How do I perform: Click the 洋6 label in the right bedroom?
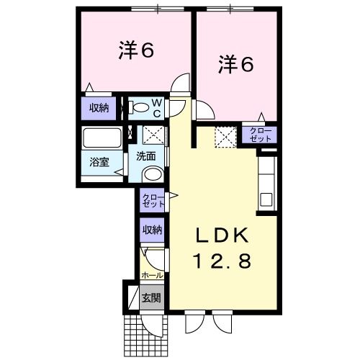[x=235, y=64]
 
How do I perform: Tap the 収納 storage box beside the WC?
[x=100, y=108]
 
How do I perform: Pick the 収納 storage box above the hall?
[x=151, y=230]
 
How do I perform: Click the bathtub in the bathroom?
[x=102, y=138]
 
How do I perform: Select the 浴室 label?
[x=99, y=162]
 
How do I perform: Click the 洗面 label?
[x=147, y=154]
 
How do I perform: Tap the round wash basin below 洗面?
[x=152, y=174]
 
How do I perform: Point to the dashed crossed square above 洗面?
[x=153, y=135]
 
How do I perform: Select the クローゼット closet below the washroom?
[x=152, y=201]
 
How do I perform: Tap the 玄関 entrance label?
[x=150, y=297]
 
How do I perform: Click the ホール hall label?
[x=151, y=276]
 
